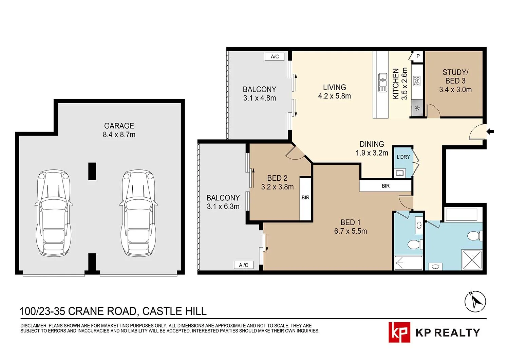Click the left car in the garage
(54, 213)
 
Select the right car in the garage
(138, 213)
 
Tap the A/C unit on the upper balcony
(275, 56)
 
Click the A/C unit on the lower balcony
(244, 265)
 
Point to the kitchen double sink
(383, 83)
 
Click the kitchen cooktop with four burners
(417, 81)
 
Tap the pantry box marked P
(418, 56)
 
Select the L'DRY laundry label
(403, 157)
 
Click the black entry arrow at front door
(491, 131)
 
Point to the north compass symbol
(475, 302)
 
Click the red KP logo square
(399, 332)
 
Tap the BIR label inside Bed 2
(305, 198)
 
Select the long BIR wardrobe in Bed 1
(385, 186)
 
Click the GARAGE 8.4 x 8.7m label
(119, 130)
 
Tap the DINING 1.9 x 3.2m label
(372, 148)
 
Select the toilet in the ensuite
(414, 245)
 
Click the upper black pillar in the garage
(92, 171)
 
